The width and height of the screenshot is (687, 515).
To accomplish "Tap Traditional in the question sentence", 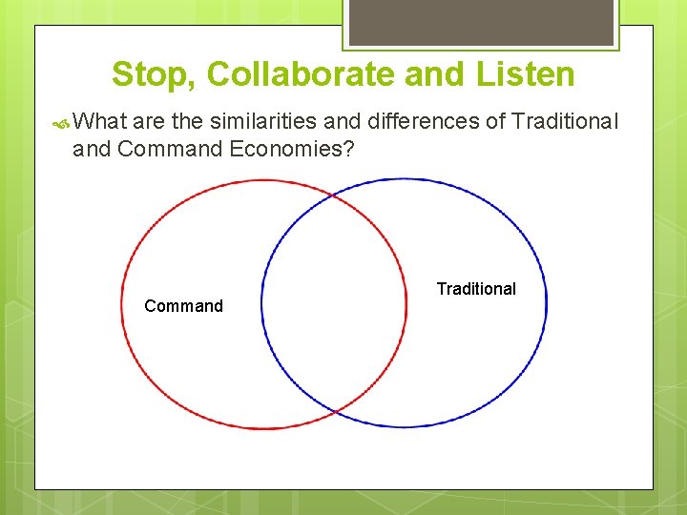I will pyautogui.click(x=566, y=122).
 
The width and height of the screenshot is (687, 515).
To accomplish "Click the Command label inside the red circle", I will pyautogui.click(x=183, y=306).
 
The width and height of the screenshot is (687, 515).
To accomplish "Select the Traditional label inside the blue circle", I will pyautogui.click(x=476, y=289).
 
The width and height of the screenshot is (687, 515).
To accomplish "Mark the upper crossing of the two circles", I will pyautogui.click(x=334, y=196).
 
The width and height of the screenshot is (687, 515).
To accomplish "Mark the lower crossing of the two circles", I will pyautogui.click(x=335, y=411).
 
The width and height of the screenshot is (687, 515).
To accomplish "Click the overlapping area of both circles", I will pyautogui.click(x=334, y=303).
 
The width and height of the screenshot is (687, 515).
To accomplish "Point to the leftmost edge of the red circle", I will pyautogui.click(x=121, y=303).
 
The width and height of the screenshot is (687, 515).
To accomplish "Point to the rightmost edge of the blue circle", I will pyautogui.click(x=547, y=303).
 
